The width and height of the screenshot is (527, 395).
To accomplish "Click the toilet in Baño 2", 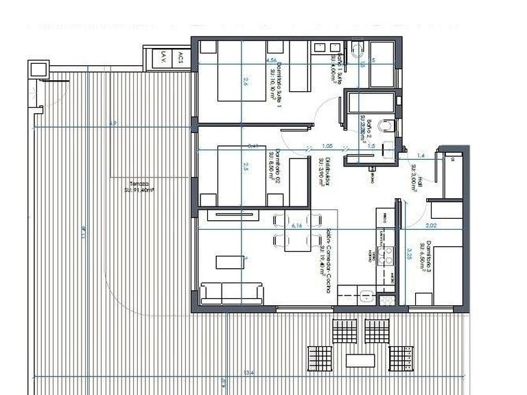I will click(x=388, y=125).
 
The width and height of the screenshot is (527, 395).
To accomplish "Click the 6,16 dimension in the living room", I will click(x=296, y=224).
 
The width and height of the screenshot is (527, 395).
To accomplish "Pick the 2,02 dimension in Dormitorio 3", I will click(x=430, y=225).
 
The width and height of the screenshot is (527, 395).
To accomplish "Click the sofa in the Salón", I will click(x=232, y=294).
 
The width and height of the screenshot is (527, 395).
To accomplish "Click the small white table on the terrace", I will click(x=360, y=360).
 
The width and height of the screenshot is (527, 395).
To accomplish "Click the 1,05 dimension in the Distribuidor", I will click(x=327, y=146).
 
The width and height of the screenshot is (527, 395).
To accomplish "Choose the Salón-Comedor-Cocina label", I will click(x=325, y=261).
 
